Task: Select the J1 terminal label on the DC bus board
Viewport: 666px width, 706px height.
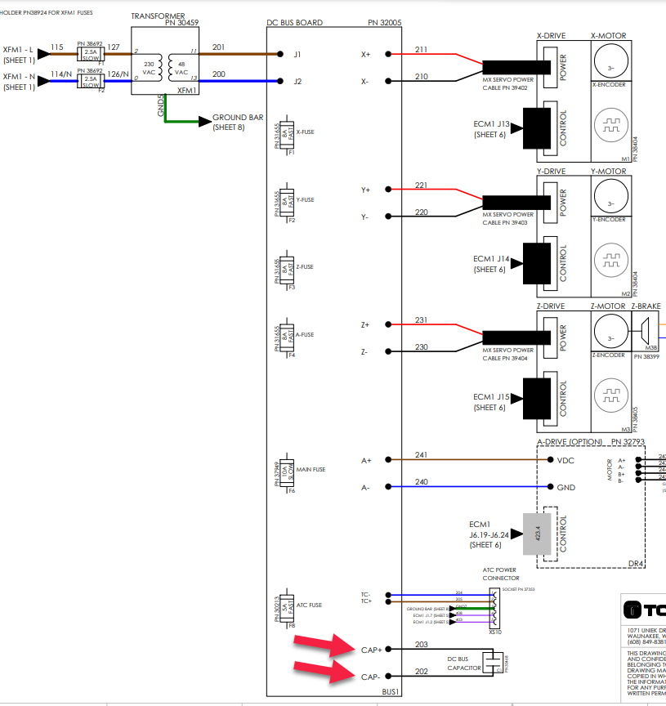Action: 297,55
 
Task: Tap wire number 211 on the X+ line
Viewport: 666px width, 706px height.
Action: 421,50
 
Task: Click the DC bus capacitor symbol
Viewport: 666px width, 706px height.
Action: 493,662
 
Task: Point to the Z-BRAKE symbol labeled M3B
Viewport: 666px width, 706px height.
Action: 644,332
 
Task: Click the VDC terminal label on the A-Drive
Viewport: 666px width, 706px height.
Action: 565,460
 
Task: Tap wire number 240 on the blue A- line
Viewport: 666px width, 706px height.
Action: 421,482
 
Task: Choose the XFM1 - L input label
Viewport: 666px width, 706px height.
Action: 18,50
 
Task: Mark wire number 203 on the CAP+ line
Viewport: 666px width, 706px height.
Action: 421,644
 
